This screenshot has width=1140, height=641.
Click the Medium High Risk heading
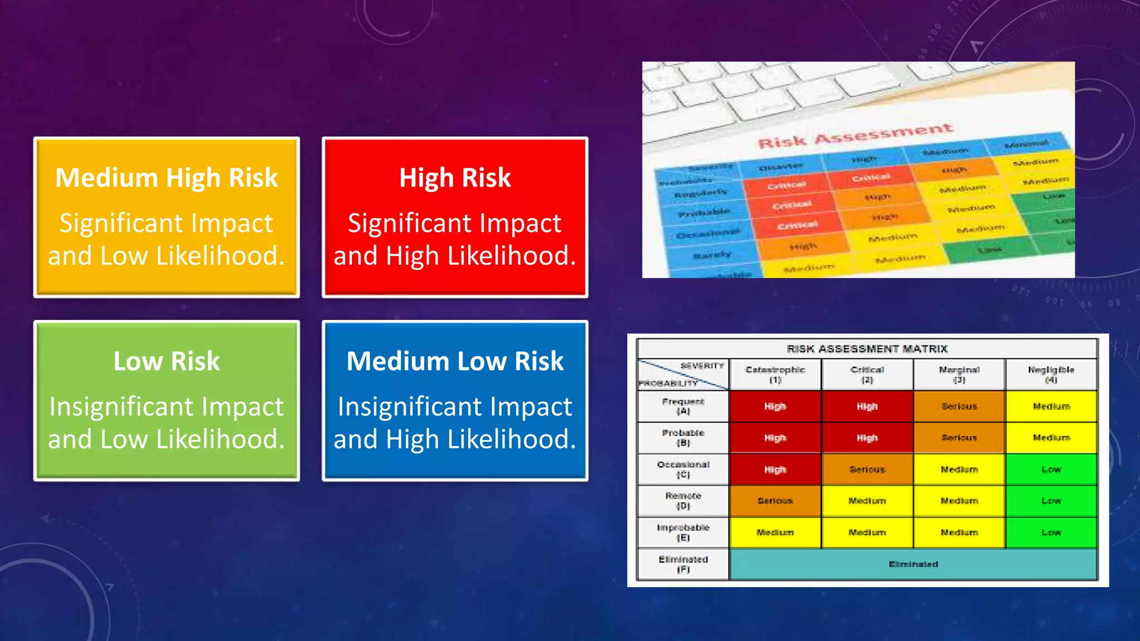click(166, 178)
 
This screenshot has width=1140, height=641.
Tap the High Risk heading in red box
click(455, 178)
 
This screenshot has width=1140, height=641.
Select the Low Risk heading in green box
click(166, 361)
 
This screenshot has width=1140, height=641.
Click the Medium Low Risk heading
click(455, 361)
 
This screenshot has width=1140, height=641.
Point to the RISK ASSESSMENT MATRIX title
click(867, 349)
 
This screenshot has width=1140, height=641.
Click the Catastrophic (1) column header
click(775, 374)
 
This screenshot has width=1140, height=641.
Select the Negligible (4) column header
click(1051, 374)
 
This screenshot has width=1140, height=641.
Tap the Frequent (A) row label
click(683, 406)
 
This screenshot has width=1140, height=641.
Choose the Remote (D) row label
click(683, 501)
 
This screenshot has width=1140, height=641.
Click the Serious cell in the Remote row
click(775, 501)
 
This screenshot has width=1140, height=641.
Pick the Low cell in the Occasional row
click(1051, 470)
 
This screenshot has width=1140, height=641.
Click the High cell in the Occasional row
click(775, 470)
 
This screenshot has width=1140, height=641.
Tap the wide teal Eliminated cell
click(913, 564)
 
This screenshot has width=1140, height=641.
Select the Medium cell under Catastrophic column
click(775, 532)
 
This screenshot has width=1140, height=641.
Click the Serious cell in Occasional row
click(867, 470)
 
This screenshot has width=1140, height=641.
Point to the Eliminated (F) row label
click(683, 564)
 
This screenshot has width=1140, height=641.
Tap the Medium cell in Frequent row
click(1051, 406)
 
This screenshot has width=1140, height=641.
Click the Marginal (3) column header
click(959, 374)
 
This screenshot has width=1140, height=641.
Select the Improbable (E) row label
click(683, 532)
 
